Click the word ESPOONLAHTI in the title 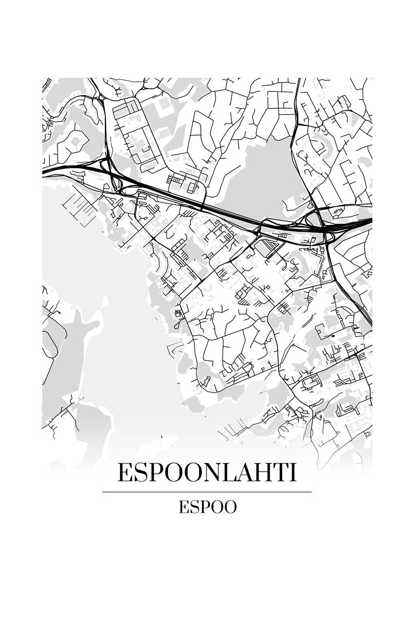click(206, 473)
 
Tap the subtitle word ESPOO click(208, 507)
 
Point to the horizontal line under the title click(206, 492)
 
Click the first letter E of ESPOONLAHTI click(124, 473)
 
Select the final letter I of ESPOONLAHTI click(292, 473)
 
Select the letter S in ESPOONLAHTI click(139, 473)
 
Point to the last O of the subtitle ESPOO click(229, 507)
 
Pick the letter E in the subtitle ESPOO click(183, 507)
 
